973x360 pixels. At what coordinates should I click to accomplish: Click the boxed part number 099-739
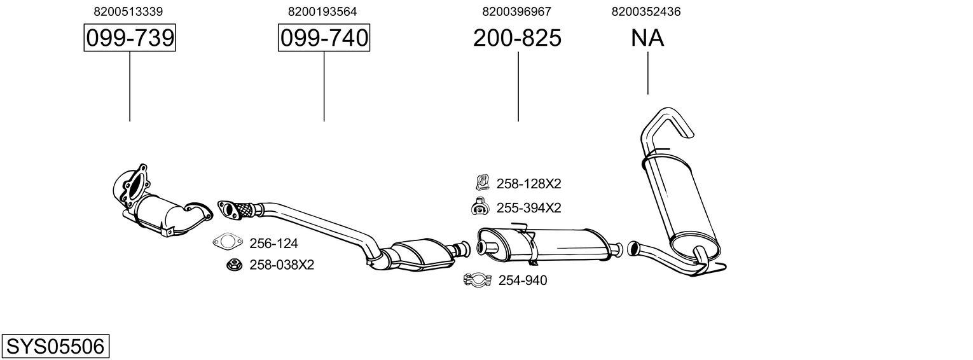click(130, 38)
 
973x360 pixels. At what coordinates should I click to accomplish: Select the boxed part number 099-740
click(324, 38)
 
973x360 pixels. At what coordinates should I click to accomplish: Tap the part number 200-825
click(517, 38)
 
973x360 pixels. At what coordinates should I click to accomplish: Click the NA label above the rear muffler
click(647, 38)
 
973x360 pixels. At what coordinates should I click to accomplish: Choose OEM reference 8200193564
click(322, 11)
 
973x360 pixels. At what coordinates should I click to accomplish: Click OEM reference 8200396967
click(516, 11)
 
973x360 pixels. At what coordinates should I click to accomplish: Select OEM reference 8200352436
click(646, 11)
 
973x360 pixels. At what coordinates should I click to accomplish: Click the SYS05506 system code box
click(55, 347)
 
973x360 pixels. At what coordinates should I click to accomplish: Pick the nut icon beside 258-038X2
click(232, 265)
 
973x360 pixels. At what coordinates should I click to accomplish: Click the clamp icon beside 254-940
click(478, 280)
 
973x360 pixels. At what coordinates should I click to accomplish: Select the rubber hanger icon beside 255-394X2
click(480, 206)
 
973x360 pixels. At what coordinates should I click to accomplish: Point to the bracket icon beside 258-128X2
click(481, 183)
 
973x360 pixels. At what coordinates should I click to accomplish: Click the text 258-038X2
click(282, 265)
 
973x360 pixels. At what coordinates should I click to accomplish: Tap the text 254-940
click(522, 280)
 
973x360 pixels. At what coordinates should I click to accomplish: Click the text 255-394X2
click(528, 207)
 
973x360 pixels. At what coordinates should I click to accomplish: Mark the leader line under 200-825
click(518, 86)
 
